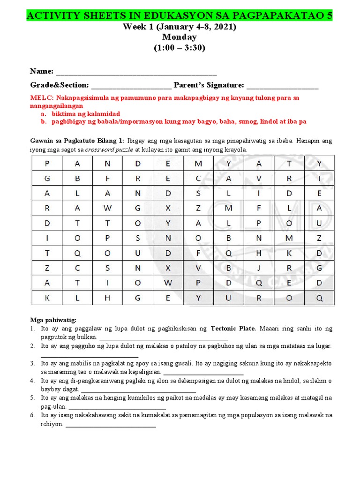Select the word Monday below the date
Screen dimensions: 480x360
point(180,37)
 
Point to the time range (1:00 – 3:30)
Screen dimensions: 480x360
point(180,47)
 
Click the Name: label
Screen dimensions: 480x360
point(42,71)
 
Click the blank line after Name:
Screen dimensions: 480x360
point(136,73)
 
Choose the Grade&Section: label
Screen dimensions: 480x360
point(60,85)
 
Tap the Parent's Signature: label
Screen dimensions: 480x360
point(209,85)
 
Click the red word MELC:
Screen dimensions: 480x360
point(42,98)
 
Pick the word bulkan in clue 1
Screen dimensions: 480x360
point(88,337)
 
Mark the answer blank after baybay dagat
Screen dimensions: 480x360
point(138,390)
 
